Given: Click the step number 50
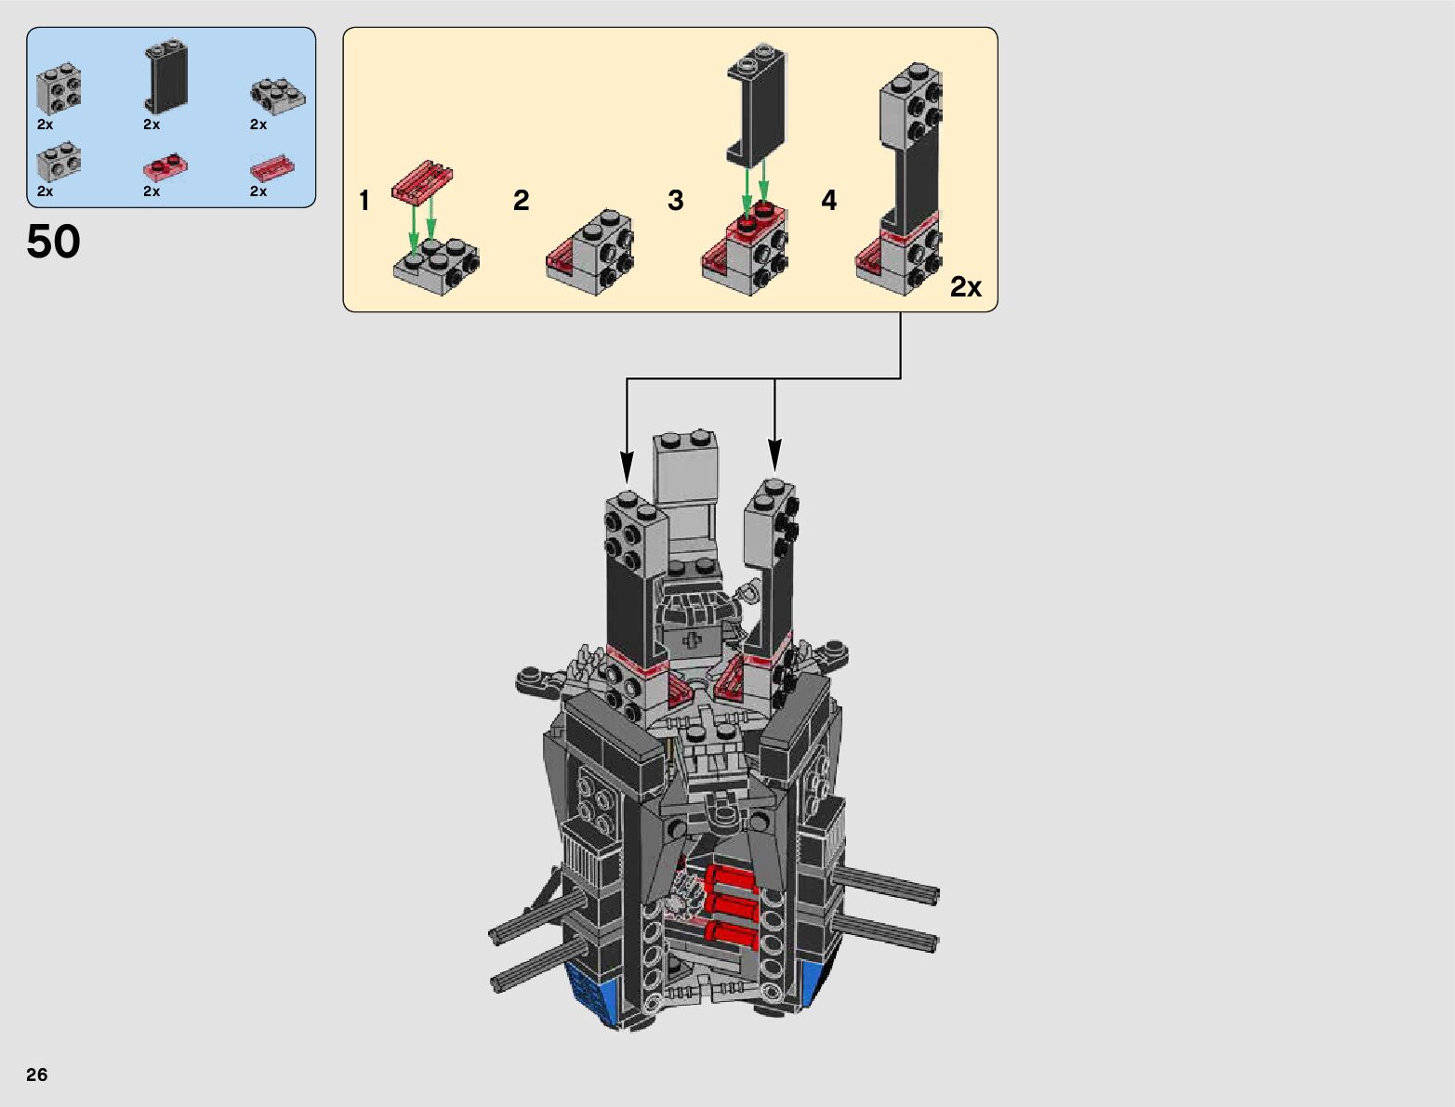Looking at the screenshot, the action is click(x=54, y=242).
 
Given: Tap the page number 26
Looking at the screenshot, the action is click(x=37, y=1074).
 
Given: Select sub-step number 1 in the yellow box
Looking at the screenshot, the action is click(x=364, y=201).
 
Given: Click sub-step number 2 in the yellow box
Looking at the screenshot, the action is click(x=521, y=201).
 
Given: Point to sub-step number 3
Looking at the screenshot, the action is click(x=676, y=201).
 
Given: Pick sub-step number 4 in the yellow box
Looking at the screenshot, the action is click(x=829, y=201).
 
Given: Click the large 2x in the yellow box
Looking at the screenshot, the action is click(x=966, y=287).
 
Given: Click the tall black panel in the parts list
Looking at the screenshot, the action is click(x=166, y=75).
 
